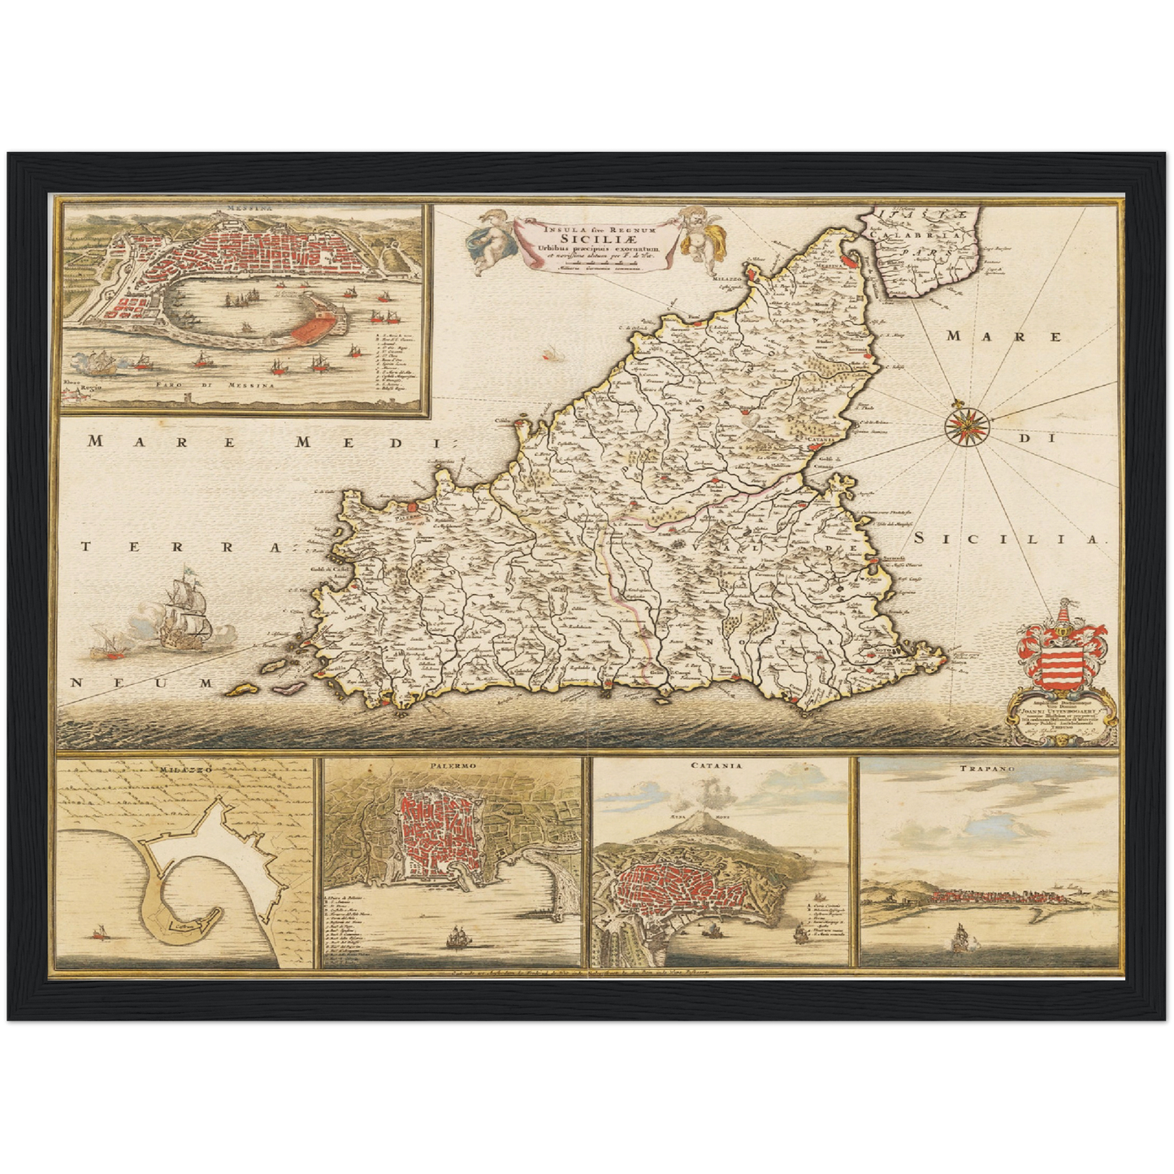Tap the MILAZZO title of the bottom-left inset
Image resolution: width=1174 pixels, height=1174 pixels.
pos(185,768)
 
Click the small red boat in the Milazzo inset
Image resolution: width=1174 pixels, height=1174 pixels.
pos(102,933)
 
